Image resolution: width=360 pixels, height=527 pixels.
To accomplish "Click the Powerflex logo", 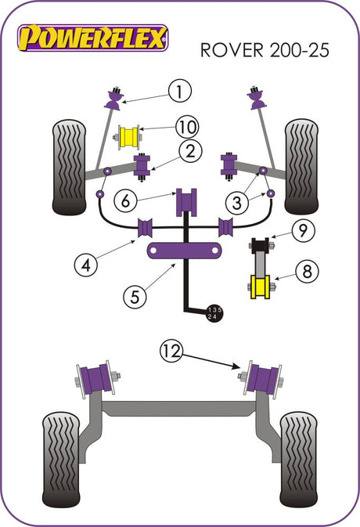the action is coord(92,38).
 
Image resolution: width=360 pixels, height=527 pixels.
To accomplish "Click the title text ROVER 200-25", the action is coord(265,50).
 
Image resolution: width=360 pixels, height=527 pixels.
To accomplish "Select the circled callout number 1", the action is coord(180,91).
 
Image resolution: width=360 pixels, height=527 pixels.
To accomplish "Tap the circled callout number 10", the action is coord(187,127).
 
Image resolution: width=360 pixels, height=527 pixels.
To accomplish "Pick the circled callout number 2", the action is coord(190,152).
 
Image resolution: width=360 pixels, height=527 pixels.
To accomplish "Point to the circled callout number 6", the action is coord(125,201).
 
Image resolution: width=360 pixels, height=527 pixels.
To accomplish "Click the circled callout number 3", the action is coord(237,203).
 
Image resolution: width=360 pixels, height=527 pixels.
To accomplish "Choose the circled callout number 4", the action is coord(86,265).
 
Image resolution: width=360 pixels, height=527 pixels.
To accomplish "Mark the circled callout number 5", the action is coord(135,297).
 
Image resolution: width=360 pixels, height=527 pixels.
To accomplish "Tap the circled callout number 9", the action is coord(303,230).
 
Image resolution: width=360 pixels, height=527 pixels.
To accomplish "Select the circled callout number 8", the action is coord(308,271).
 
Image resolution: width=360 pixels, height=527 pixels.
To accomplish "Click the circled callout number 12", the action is coord(172,352).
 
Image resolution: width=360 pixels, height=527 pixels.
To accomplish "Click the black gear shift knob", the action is coord(214,313).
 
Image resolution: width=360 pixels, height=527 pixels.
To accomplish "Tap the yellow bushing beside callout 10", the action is coord(129,138).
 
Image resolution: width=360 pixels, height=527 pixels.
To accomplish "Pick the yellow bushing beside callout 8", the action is coord(261,287).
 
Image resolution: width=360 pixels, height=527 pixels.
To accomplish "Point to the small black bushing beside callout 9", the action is coord(260,244).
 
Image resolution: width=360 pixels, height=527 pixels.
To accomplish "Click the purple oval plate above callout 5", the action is coord(184,251).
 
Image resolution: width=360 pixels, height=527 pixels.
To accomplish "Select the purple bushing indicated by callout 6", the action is coord(186,202).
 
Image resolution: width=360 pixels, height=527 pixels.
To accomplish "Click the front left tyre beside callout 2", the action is coord(69,168).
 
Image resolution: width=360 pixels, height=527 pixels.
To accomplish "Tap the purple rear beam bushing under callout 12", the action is coord(263,380).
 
